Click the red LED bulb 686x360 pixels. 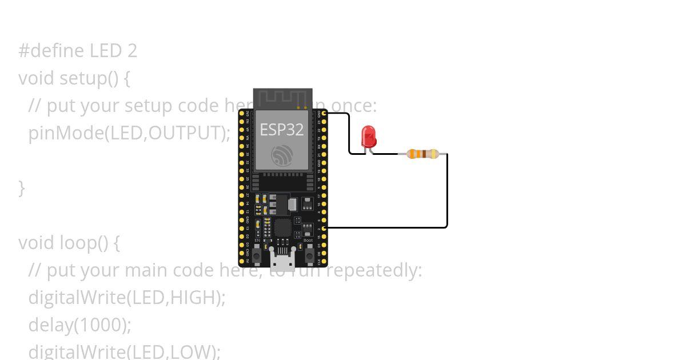click(369, 137)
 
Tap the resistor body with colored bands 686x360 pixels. click(422, 154)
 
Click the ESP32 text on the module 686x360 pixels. click(282, 130)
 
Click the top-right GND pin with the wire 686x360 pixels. click(324, 113)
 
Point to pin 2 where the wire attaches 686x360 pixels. click(324, 228)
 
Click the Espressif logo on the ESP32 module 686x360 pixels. click(282, 155)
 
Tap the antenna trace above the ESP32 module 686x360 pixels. click(282, 98)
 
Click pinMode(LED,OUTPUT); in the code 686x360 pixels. click(129, 133)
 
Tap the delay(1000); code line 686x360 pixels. click(80, 325)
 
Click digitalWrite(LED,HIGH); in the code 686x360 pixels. click(127, 298)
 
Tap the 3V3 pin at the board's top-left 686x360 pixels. click(242, 113)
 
